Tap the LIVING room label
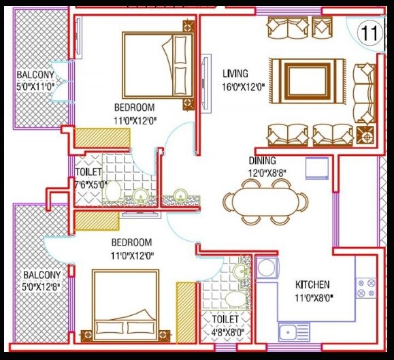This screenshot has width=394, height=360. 235,73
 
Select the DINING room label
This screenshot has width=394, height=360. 262,161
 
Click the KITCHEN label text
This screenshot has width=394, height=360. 312,284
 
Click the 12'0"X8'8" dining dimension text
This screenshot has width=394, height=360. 263,173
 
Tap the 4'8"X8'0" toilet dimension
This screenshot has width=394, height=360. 225,332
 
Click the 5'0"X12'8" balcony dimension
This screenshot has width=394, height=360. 42,287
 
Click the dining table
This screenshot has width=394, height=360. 268,201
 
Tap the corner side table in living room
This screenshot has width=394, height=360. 366,135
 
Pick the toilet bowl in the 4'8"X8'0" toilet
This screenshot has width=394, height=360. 231,299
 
